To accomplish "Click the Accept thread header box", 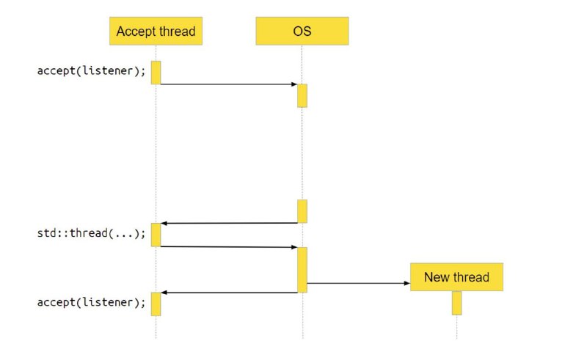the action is (x=156, y=31).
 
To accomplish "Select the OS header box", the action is (x=302, y=31).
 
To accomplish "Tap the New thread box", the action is (x=456, y=277).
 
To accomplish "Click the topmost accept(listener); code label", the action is (x=91, y=70).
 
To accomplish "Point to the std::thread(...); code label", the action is (x=91, y=233).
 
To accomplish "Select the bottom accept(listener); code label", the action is (x=91, y=302).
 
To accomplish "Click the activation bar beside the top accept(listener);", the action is (x=156, y=73).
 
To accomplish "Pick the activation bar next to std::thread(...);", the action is (x=156, y=235).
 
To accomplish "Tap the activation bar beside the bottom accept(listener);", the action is (x=156, y=304).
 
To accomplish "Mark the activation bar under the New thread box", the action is (x=456, y=303).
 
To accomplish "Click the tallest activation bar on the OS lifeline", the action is (x=302, y=270).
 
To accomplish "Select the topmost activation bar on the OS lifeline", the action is (x=302, y=96).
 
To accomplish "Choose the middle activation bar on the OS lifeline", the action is (x=302, y=211).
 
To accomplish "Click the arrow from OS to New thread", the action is (x=359, y=283).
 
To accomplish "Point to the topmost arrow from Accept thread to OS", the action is (x=229, y=84).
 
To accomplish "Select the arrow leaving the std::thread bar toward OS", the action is (x=229, y=247).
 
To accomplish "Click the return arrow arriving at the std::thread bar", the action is (x=229, y=224).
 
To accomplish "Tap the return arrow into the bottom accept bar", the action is (x=229, y=293).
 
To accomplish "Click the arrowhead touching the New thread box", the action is (x=407, y=283).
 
